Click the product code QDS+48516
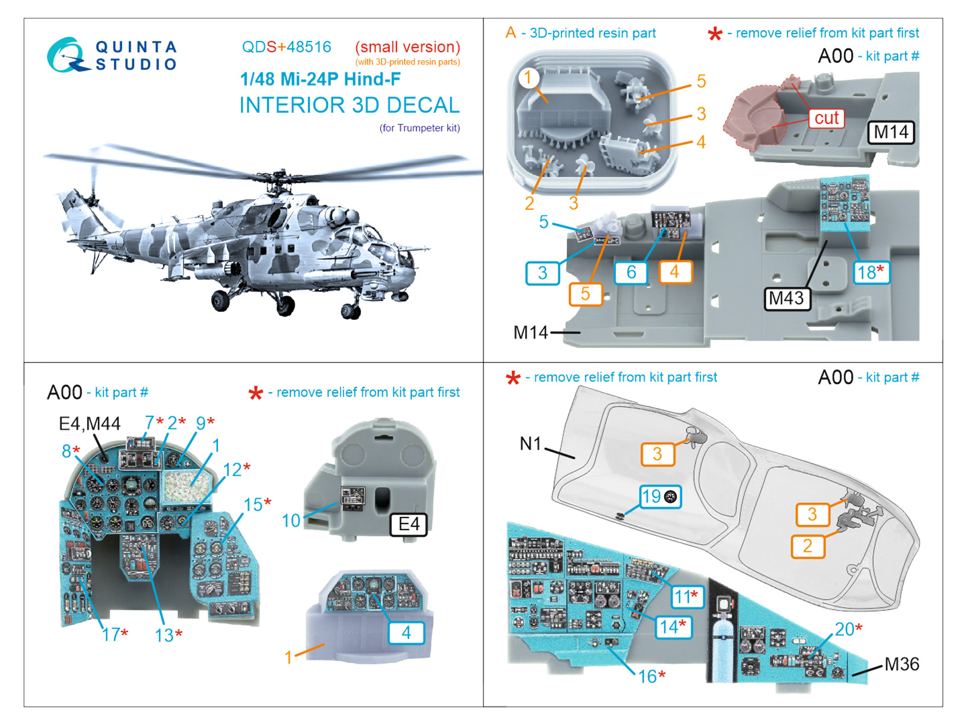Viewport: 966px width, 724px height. coord(286,46)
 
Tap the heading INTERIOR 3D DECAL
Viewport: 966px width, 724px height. coord(350,105)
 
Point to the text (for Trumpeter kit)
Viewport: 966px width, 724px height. coord(420,128)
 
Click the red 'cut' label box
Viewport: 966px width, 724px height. coord(826,118)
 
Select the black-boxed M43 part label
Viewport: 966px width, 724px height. coord(786,298)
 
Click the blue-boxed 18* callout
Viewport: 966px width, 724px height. coord(871,272)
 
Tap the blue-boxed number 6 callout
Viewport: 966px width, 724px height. coord(631,272)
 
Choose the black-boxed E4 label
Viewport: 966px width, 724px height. coord(408,524)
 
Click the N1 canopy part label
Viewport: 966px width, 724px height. coord(530,443)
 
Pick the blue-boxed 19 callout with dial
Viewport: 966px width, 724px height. coord(660,497)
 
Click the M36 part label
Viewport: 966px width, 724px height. coord(902,664)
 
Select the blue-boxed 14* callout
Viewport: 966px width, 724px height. coord(673,626)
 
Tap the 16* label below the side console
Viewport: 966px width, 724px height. coord(652,676)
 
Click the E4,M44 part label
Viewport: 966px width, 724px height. coord(89,424)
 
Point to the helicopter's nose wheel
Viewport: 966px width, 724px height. coord(351,310)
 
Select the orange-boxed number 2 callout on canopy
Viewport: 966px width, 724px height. coord(808,546)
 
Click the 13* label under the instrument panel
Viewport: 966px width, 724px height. coord(168,635)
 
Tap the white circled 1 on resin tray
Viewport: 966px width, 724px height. coord(528,78)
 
